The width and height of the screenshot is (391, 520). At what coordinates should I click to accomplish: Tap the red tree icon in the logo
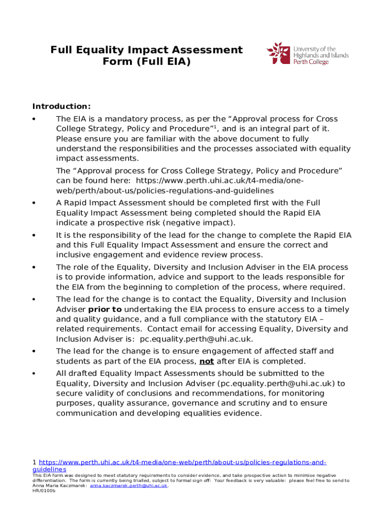[278, 53]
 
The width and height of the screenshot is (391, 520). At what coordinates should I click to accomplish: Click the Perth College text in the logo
[311, 62]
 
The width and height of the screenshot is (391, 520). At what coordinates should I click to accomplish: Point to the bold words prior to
[105, 309]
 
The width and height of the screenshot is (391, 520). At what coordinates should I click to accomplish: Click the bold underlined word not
[206, 362]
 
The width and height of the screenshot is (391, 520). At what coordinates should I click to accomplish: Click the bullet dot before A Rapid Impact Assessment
[34, 203]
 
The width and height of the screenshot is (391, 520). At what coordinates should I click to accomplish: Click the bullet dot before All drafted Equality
[34, 374]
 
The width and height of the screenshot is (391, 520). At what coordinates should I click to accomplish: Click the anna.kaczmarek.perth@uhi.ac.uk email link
[128, 486]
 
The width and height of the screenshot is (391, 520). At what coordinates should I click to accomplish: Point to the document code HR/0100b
[44, 491]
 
